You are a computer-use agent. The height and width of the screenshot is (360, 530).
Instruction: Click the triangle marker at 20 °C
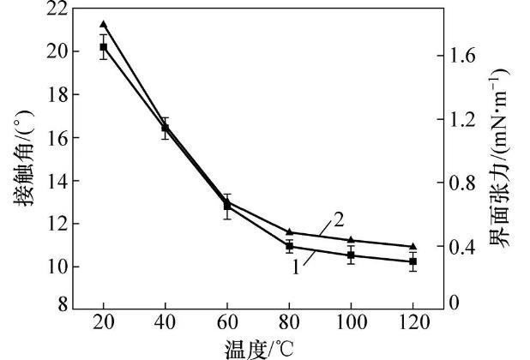[104, 24]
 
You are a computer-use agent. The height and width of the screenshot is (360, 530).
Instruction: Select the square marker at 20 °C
[104, 47]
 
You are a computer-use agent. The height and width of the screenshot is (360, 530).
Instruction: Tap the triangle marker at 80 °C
[289, 231]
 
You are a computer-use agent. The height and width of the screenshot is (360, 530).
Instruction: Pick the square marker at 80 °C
[289, 246]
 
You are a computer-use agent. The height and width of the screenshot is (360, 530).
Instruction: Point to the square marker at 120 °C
[413, 261]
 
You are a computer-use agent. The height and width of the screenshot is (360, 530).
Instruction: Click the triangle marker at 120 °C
[413, 246]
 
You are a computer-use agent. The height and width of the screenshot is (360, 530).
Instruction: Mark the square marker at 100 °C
[351, 255]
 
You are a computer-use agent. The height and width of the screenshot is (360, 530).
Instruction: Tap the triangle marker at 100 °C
[351, 240]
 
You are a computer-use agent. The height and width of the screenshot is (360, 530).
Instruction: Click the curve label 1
[296, 267]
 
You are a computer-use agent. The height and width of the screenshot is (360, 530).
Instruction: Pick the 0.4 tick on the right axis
[467, 247]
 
